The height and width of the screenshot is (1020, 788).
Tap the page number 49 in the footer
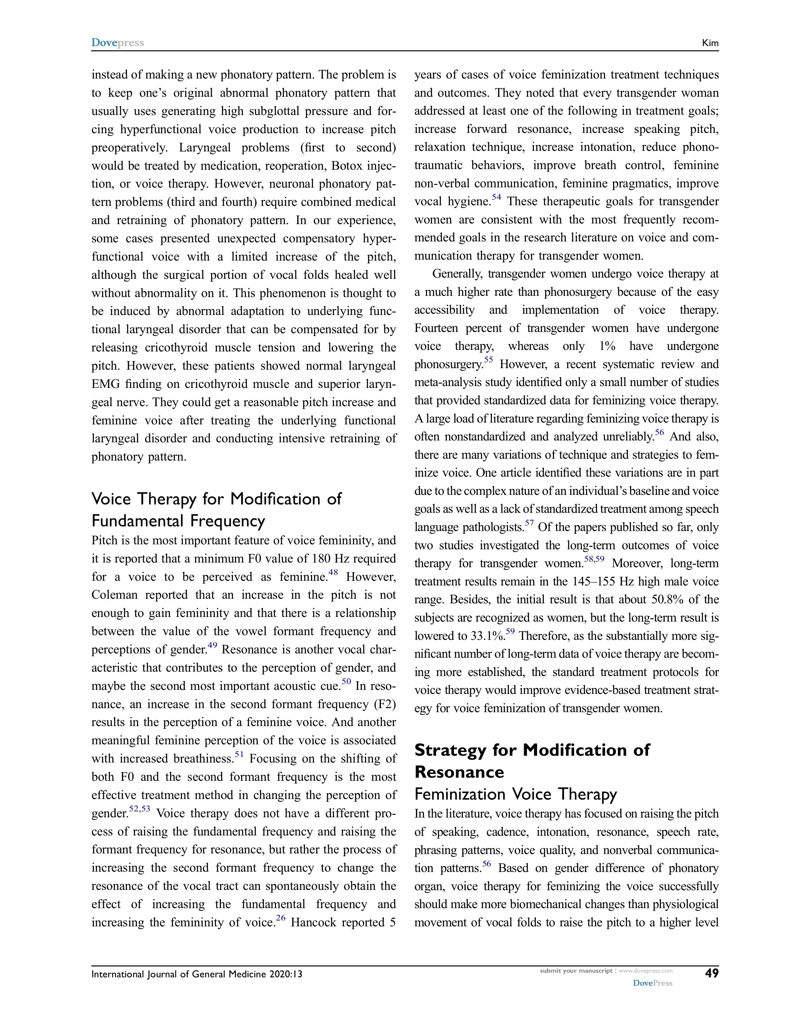coord(711,973)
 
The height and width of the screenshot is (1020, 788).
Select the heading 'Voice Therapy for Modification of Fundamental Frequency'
coord(217,509)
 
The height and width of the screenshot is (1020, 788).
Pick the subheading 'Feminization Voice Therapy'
coord(515,794)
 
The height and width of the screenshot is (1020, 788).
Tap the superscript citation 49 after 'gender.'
coord(212,645)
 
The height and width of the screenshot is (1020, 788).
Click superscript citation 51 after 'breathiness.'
coord(239,754)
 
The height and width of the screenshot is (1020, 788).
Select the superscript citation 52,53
coord(140,809)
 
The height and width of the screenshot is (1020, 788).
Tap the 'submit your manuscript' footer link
coord(576,971)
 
